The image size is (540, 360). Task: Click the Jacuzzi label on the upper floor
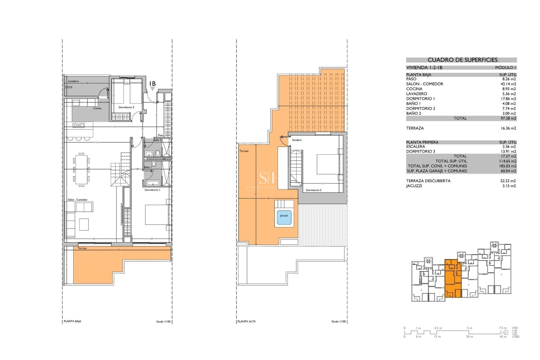pyautogui.click(x=284, y=216)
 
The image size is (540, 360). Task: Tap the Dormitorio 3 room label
pyautogui.click(x=313, y=190)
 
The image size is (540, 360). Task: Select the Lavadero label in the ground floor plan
pyautogui.click(x=73, y=81)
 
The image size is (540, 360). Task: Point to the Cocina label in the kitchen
pyautogui.click(x=97, y=108)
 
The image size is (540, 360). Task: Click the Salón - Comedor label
pyautogui.click(x=77, y=200)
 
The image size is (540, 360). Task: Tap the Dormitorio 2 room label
pyautogui.click(x=126, y=107)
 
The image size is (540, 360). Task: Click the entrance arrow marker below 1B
pyautogui.click(x=152, y=89)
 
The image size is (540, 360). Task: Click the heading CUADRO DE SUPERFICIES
pyautogui.click(x=462, y=60)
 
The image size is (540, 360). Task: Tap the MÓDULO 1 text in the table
pyautogui.click(x=505, y=67)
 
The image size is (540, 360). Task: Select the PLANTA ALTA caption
pyautogui.click(x=246, y=321)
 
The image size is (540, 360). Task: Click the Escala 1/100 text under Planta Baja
pyautogui.click(x=163, y=321)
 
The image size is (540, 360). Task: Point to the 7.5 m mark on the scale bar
pyautogui.click(x=503, y=328)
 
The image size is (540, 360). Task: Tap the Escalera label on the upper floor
pyautogui.click(x=297, y=140)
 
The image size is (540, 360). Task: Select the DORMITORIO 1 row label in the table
pyautogui.click(x=420, y=99)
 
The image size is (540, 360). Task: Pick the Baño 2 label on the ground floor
pyautogui.click(x=157, y=140)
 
